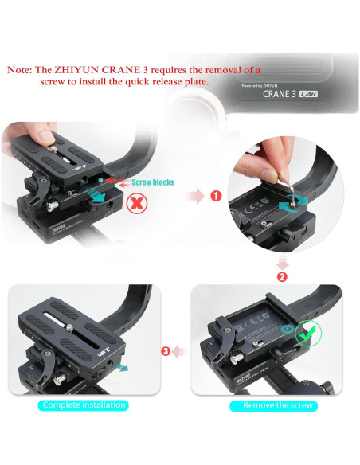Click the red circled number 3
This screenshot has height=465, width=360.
[x=165, y=350]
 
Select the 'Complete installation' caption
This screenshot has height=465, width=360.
[x=84, y=404]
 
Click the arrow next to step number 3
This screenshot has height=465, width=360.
[x=180, y=350]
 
